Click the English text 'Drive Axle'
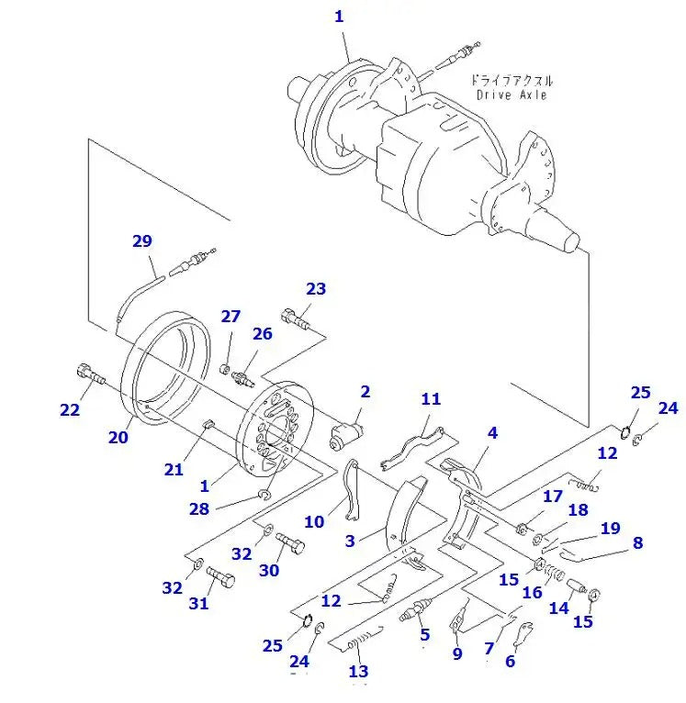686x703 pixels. tap(512, 95)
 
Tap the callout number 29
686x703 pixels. tap(141, 241)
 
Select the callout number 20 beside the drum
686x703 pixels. tap(118, 437)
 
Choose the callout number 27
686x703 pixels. tap(230, 317)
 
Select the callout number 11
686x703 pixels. tap(431, 399)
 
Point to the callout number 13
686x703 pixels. tap(358, 672)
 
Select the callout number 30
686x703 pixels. tap(268, 570)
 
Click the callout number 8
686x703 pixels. tap(637, 542)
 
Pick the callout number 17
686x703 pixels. tap(551, 497)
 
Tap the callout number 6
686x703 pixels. tap(510, 661)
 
